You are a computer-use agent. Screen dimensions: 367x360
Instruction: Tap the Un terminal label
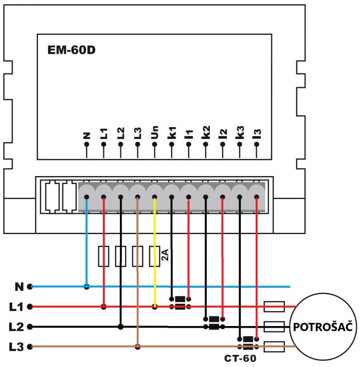pyautogui.click(x=154, y=134)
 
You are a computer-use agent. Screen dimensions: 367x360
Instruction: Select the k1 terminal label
pyautogui.click(x=171, y=134)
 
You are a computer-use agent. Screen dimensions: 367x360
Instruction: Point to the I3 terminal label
pyautogui.click(x=257, y=134)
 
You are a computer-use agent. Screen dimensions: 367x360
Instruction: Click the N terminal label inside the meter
pyautogui.click(x=86, y=135)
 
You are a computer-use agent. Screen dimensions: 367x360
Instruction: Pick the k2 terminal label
pyautogui.click(x=206, y=134)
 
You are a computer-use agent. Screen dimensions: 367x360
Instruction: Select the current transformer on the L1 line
pyautogui.click(x=180, y=303)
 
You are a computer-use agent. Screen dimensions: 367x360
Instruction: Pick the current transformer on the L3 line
pyautogui.click(x=248, y=343)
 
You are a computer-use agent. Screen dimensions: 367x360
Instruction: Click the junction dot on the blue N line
pyautogui.click(x=87, y=286)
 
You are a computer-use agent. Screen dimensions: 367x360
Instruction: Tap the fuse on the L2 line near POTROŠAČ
pyautogui.click(x=274, y=327)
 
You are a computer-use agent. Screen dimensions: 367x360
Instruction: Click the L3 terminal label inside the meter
pyautogui.click(x=137, y=134)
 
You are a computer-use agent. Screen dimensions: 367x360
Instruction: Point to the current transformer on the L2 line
pyautogui.click(x=214, y=323)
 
